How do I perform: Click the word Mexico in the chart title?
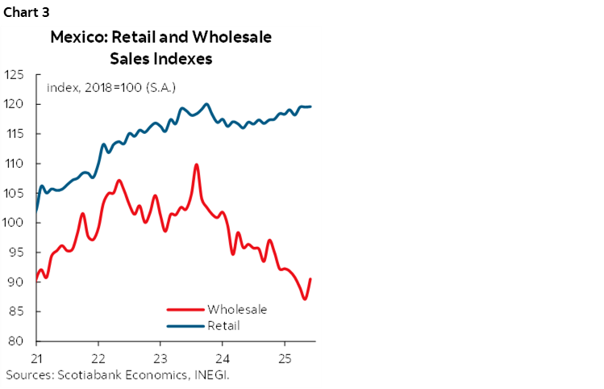coord(75,37)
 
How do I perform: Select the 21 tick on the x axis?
coord(37,358)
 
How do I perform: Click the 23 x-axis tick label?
coord(160,358)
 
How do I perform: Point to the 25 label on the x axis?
coord(285,358)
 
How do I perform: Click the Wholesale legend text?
coord(236,309)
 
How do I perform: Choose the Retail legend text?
coord(223,325)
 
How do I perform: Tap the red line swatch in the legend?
coord(185,309)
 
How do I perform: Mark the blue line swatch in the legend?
coord(185,326)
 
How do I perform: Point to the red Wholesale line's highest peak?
coord(197,165)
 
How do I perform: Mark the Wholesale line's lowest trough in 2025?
coord(304,299)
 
